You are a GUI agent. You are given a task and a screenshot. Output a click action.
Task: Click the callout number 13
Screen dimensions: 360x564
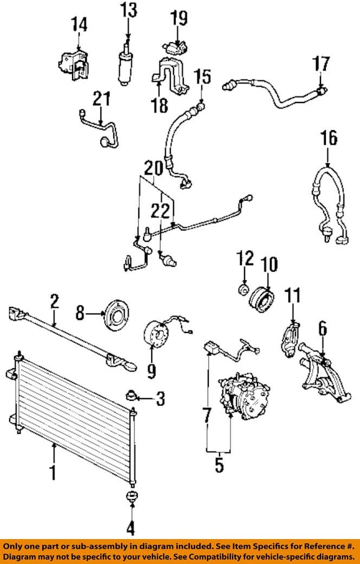click(x=128, y=10)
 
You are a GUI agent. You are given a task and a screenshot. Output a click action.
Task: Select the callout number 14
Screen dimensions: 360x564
click(x=79, y=24)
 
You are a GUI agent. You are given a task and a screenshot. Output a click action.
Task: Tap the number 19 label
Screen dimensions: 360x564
click(x=178, y=18)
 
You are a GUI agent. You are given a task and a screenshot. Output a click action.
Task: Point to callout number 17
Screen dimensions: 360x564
click(x=321, y=64)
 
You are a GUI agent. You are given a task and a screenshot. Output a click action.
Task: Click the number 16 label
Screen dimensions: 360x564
click(x=329, y=138)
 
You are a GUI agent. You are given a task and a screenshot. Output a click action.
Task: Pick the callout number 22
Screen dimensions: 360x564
click(x=160, y=211)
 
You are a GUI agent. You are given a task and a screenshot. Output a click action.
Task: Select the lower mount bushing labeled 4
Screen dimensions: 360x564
click(x=132, y=497)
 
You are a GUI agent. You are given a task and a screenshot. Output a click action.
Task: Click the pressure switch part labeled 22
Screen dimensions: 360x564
click(x=167, y=259)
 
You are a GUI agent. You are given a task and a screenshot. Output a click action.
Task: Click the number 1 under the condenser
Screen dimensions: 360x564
click(x=53, y=472)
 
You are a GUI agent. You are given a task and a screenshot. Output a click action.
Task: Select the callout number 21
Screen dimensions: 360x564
click(x=101, y=99)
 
